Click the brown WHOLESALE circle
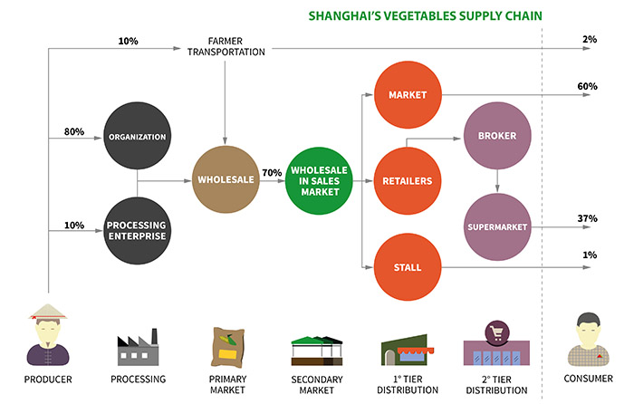pyautogui.click(x=226, y=179)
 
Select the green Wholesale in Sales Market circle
pyautogui.click(x=319, y=180)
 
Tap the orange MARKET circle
pyautogui.click(x=408, y=94)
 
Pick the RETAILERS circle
pyautogui.click(x=408, y=181)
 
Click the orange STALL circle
pyautogui.click(x=408, y=267)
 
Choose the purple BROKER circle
pyautogui.click(x=497, y=136)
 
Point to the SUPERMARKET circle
pyautogui.click(x=497, y=226)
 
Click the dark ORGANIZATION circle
pyautogui.click(x=137, y=136)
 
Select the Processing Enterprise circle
pyautogui.click(x=137, y=230)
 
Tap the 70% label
pyautogui.click(x=272, y=173)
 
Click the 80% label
pyautogui.click(x=74, y=131)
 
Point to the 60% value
pyautogui.click(x=587, y=86)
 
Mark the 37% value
pyautogui.click(x=587, y=218)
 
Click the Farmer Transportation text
pyautogui.click(x=226, y=46)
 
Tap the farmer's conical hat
pyautogui.click(x=48, y=312)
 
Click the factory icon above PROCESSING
pyautogui.click(x=138, y=347)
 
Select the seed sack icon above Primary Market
pyautogui.click(x=228, y=347)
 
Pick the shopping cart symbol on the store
pyautogui.click(x=497, y=332)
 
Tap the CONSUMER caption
pyautogui.click(x=589, y=379)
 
